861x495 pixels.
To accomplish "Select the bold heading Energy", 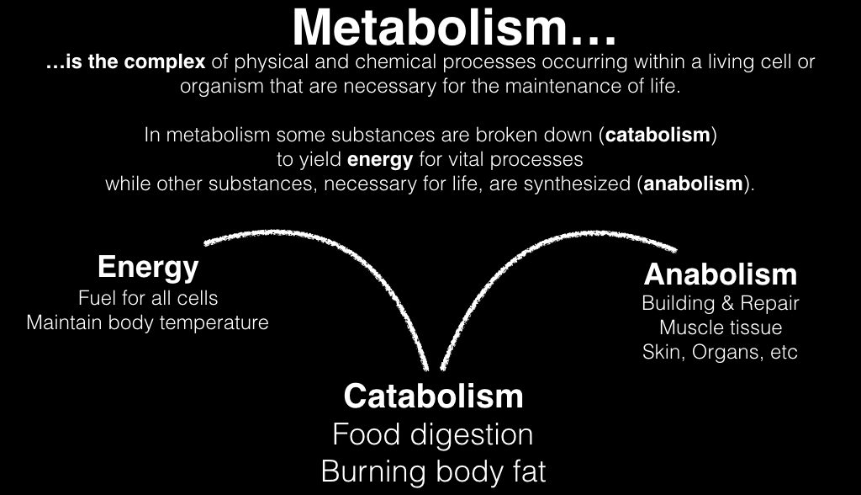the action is pyautogui.click(x=148, y=268).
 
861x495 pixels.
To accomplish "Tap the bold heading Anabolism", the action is pyautogui.click(x=720, y=274).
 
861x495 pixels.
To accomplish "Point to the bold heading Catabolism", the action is pyautogui.click(x=433, y=396).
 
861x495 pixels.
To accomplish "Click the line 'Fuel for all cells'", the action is pyautogui.click(x=148, y=298).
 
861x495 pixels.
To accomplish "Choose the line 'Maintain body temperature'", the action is pyautogui.click(x=148, y=322).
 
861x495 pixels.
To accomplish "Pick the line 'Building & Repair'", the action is pyautogui.click(x=720, y=303).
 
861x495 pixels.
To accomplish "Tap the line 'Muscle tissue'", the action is pyautogui.click(x=720, y=327).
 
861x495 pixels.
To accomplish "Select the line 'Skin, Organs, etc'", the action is pyautogui.click(x=720, y=352).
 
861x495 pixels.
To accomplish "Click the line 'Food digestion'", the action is pyautogui.click(x=433, y=434).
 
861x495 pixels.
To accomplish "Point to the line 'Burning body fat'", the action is pyautogui.click(x=433, y=471).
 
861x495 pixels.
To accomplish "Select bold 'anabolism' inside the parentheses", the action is pyautogui.click(x=694, y=184).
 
